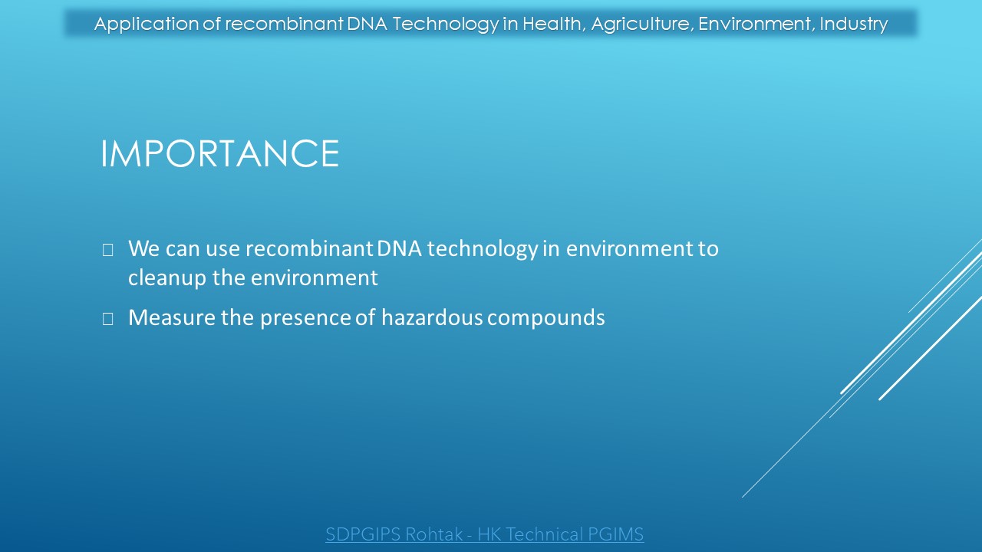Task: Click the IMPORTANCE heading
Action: [x=220, y=153]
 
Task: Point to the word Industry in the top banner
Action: [x=854, y=25]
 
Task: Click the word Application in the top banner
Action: [x=147, y=25]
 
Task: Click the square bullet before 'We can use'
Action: [x=108, y=250]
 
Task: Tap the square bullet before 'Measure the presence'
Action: [x=108, y=319]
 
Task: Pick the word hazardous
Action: [x=432, y=317]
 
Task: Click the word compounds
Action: [x=545, y=318]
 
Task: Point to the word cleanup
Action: [x=167, y=278]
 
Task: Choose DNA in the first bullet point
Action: [x=399, y=248]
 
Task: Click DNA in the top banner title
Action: [x=367, y=24]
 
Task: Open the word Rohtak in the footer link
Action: [x=433, y=534]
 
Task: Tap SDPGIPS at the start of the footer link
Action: [x=363, y=534]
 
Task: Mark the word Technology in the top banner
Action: [x=446, y=25]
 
